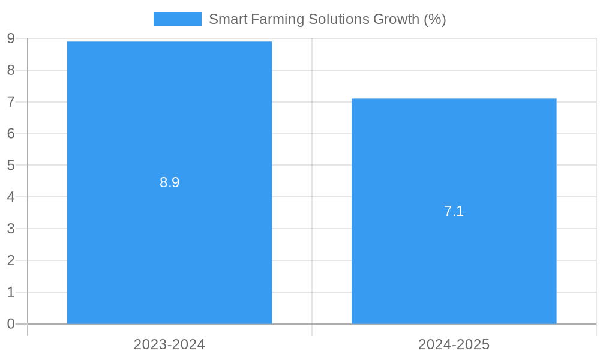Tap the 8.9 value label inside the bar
169,182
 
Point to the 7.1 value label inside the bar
454,211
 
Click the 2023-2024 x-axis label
169,344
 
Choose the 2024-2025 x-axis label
454,344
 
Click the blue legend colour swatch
177,19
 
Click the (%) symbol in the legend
434,19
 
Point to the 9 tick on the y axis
11,39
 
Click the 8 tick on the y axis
11,70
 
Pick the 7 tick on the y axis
11,102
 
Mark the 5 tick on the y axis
11,165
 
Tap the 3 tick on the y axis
11,229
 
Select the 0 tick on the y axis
11,324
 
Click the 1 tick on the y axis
11,292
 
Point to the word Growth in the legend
396,19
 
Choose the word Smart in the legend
228,19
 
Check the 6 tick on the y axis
11,134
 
